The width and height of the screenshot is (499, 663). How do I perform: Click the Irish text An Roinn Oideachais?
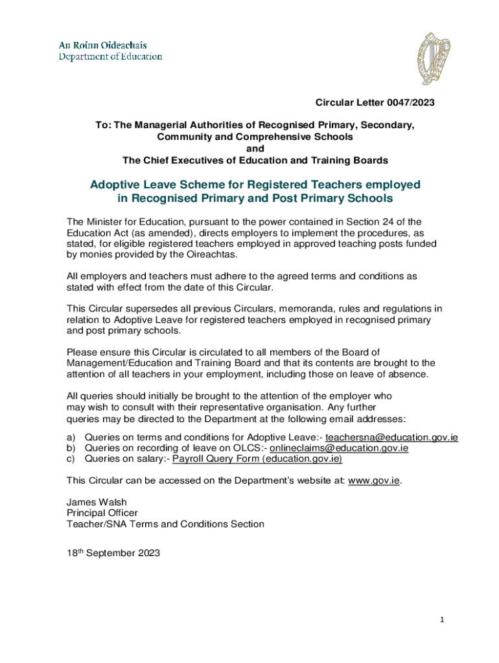pyautogui.click(x=103, y=45)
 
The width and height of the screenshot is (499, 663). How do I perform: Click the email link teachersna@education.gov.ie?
pyautogui.click(x=391, y=437)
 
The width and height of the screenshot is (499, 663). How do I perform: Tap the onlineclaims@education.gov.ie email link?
pyautogui.click(x=338, y=448)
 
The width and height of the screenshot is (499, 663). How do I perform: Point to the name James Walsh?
pyautogui.click(x=97, y=502)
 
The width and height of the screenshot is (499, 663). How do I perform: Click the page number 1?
pyautogui.click(x=441, y=620)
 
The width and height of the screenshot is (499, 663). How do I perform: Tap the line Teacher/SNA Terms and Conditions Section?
pyautogui.click(x=165, y=524)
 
